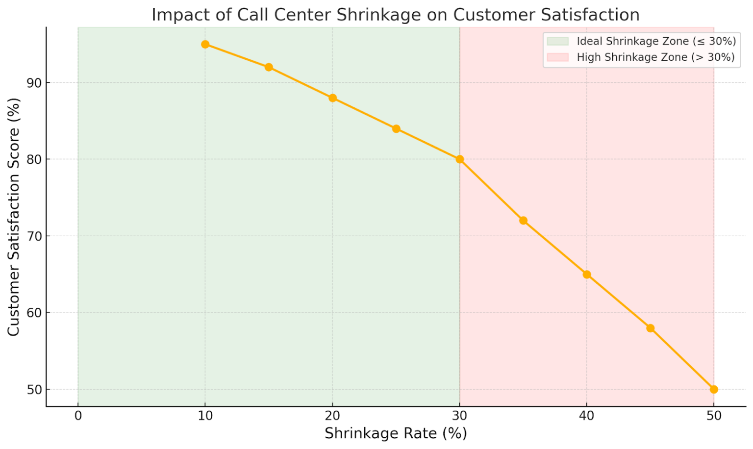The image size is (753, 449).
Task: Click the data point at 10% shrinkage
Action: (205, 45)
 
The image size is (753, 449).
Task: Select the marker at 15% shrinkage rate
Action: (269, 67)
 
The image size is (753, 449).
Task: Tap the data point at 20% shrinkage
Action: (332, 98)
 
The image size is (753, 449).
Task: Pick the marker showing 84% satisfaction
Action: (396, 129)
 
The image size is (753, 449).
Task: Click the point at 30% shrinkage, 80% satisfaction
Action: (459, 159)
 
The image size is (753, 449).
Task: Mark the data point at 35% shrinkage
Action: (523, 221)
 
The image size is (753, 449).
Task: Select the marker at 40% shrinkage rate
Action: (587, 274)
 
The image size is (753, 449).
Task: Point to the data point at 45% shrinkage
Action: (650, 328)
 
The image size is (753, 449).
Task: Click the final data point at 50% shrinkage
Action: (714, 389)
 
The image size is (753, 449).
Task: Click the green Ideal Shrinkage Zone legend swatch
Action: (557, 41)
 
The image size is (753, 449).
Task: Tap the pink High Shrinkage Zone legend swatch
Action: (557, 57)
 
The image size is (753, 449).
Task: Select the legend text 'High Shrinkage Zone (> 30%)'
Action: (655, 57)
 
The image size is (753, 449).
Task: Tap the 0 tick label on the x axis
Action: (78, 416)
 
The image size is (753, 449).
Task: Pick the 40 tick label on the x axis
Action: (587, 416)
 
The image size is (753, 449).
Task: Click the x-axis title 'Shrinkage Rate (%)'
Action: (396, 433)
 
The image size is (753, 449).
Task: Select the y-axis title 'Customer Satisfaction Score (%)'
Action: (14, 217)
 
